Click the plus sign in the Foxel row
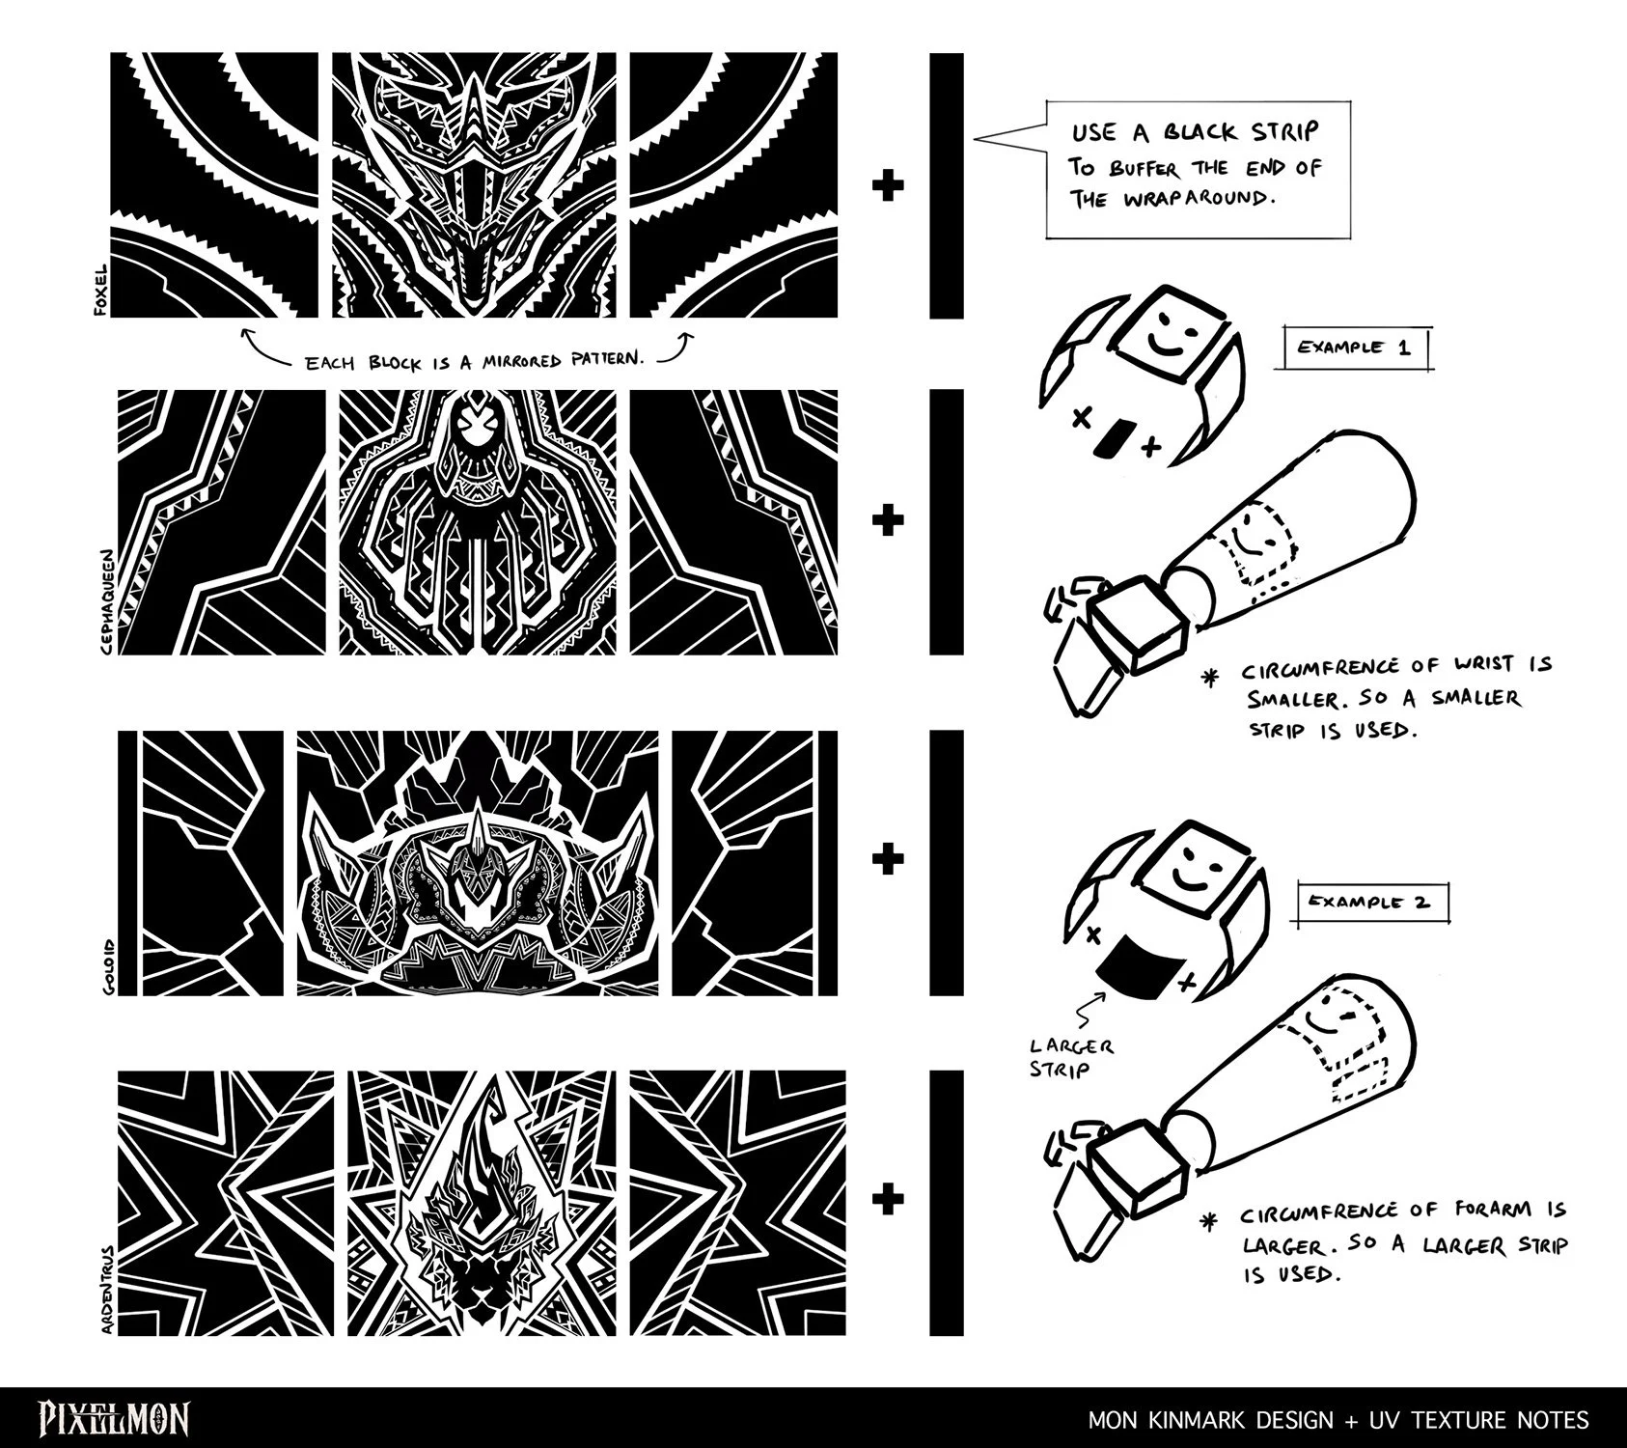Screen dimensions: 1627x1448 tap(887, 185)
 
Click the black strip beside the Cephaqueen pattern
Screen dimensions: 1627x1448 tap(947, 522)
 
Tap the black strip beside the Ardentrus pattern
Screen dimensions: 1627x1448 tap(947, 1203)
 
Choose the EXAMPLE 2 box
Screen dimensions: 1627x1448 tap(1370, 903)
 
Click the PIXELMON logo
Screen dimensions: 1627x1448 tap(114, 1418)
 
